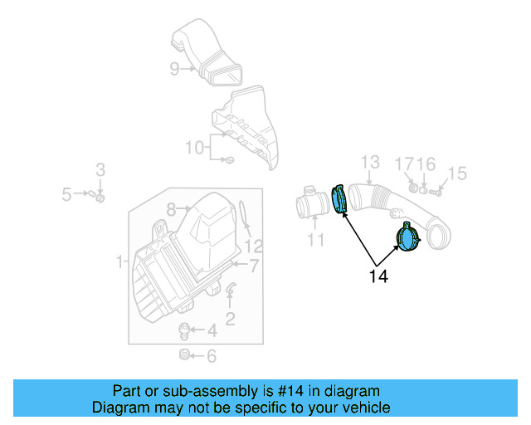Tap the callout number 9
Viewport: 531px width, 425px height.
click(175, 69)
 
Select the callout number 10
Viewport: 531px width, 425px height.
click(194, 148)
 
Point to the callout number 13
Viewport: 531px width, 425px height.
click(369, 162)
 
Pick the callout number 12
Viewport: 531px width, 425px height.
click(254, 246)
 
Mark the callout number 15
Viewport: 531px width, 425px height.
click(457, 173)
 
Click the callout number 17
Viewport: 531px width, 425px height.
click(404, 164)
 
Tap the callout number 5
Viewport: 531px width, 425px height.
click(67, 194)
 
